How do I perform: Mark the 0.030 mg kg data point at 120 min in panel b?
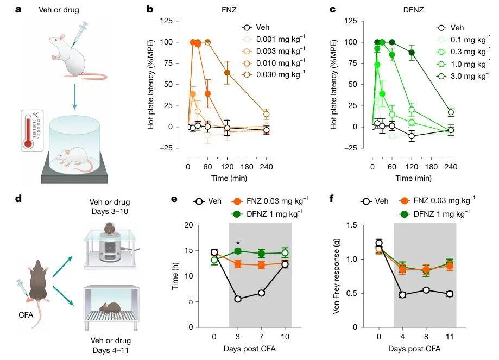(x=227, y=73)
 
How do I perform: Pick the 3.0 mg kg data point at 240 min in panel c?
(x=451, y=112)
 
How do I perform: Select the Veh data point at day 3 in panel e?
(x=237, y=299)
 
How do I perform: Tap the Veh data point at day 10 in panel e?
(x=285, y=264)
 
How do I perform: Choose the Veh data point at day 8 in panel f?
(x=426, y=290)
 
